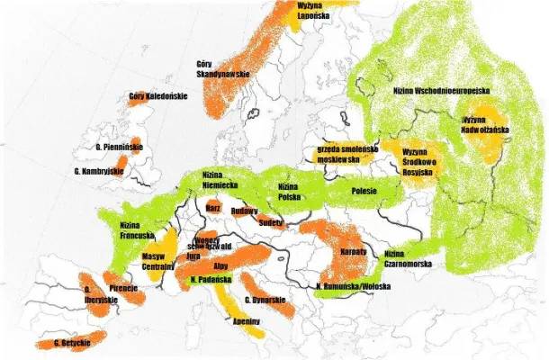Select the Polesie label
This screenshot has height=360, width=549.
point(364,191)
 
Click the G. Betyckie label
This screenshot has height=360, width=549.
point(69,343)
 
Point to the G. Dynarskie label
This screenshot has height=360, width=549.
point(266,299)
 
